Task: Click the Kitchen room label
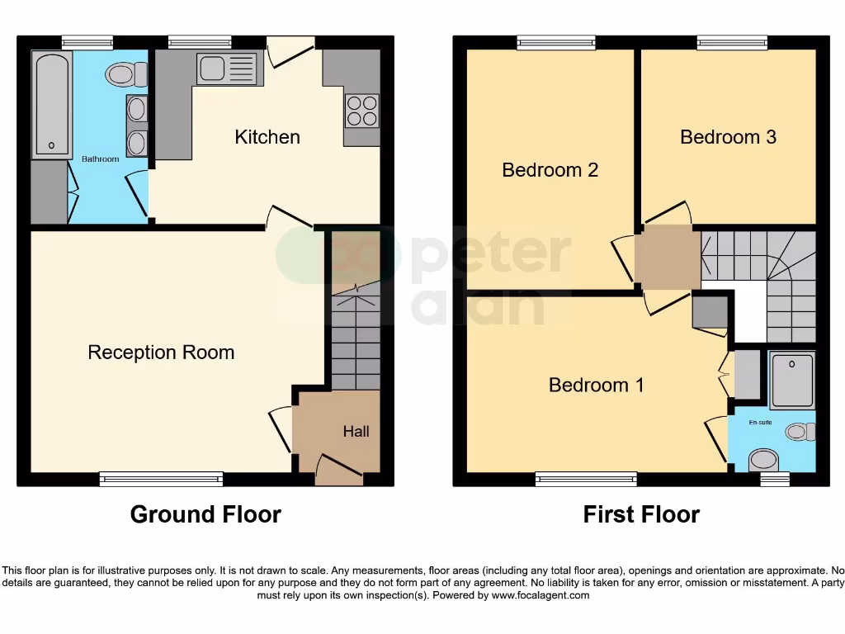(x=267, y=137)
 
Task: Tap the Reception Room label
(x=161, y=352)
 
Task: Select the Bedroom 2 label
(x=550, y=170)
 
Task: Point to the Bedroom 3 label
(x=728, y=137)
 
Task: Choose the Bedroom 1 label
(x=596, y=385)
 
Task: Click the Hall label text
(x=356, y=431)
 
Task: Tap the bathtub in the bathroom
(x=51, y=104)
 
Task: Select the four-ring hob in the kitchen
(x=361, y=111)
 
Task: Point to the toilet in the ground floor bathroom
(x=125, y=75)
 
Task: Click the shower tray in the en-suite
(x=791, y=380)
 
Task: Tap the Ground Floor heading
(x=205, y=514)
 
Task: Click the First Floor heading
(x=641, y=514)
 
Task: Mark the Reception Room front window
(x=161, y=479)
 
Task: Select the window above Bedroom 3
(x=732, y=42)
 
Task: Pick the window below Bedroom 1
(x=586, y=479)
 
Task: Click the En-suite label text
(x=760, y=423)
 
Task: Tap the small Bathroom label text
(x=100, y=158)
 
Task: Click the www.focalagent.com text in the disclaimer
(x=540, y=595)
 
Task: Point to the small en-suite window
(x=774, y=479)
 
